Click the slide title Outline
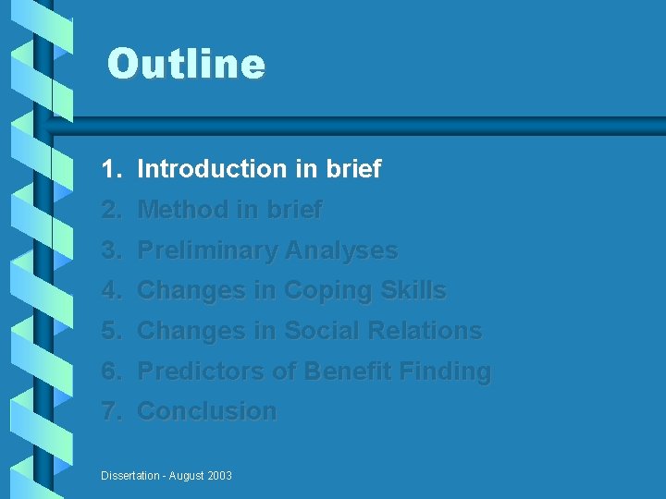coord(186,65)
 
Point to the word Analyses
coord(341,250)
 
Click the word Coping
coord(326,290)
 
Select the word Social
coord(318,331)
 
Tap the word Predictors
coord(201,371)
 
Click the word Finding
coord(445,371)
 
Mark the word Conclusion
coord(206,411)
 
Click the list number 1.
coord(111,169)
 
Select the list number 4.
coord(111,290)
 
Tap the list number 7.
coord(111,411)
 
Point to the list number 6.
coord(111,371)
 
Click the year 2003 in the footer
coord(218,476)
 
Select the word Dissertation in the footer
coord(130,476)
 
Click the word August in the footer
coord(185,476)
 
